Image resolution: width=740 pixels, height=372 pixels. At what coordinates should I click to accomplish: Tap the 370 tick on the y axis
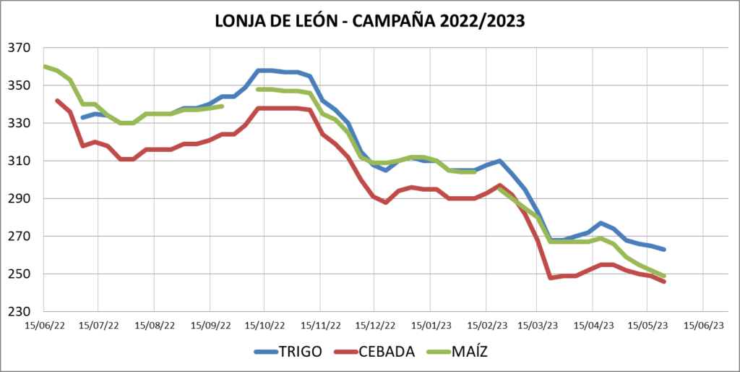[20, 48]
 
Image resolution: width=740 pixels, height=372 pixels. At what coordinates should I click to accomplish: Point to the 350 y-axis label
[20, 85]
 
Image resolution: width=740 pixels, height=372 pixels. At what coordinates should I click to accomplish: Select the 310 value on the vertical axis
[20, 161]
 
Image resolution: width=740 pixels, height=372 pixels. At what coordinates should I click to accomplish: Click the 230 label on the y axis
[20, 312]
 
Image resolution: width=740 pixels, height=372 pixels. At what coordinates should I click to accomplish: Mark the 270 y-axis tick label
[20, 236]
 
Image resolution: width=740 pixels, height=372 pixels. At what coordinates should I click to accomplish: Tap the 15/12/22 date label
[375, 326]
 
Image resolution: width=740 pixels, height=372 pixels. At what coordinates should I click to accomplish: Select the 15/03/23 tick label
[538, 326]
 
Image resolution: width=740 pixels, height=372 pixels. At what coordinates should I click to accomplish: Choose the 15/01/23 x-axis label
[431, 326]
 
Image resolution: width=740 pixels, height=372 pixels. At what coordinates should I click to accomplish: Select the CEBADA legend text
[387, 352]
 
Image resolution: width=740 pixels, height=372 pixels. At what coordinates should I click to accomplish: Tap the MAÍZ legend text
[471, 352]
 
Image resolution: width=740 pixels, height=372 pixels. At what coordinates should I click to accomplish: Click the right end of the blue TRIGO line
[664, 249]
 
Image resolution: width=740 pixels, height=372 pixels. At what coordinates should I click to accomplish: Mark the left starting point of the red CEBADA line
[57, 101]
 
